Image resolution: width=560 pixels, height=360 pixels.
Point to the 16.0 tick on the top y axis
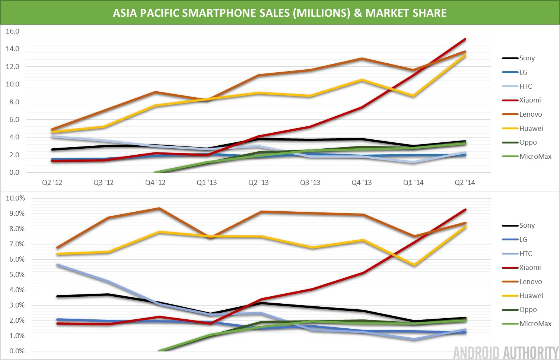point(13,31)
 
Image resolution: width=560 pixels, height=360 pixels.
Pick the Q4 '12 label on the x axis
point(155,183)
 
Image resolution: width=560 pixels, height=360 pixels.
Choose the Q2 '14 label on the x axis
point(465,183)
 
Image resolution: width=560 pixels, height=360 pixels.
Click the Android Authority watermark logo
point(506,353)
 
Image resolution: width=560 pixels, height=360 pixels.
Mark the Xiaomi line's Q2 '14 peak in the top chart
point(465,39)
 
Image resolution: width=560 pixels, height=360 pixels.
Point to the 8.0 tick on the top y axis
point(13,102)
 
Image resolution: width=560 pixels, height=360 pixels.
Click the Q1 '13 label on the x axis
point(207,183)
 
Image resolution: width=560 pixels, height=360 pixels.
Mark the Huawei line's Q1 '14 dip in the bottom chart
point(414,265)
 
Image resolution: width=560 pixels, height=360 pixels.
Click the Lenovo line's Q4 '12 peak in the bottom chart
point(159,208)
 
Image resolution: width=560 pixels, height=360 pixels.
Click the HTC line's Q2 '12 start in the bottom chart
point(57,265)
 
